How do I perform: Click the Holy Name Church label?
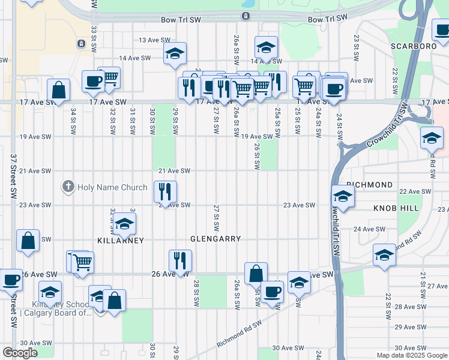(x=113, y=187)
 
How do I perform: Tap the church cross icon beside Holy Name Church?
(x=68, y=187)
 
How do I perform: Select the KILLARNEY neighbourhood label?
(x=121, y=240)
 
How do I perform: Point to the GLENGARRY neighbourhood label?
(x=215, y=239)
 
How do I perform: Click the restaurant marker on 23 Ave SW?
(x=165, y=192)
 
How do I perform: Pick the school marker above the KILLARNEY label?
(x=124, y=224)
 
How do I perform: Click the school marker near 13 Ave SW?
(x=175, y=53)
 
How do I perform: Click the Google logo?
(x=20, y=353)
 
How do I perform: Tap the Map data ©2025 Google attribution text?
(x=411, y=355)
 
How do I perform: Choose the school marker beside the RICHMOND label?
(x=343, y=196)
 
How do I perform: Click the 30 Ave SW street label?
(x=285, y=348)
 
